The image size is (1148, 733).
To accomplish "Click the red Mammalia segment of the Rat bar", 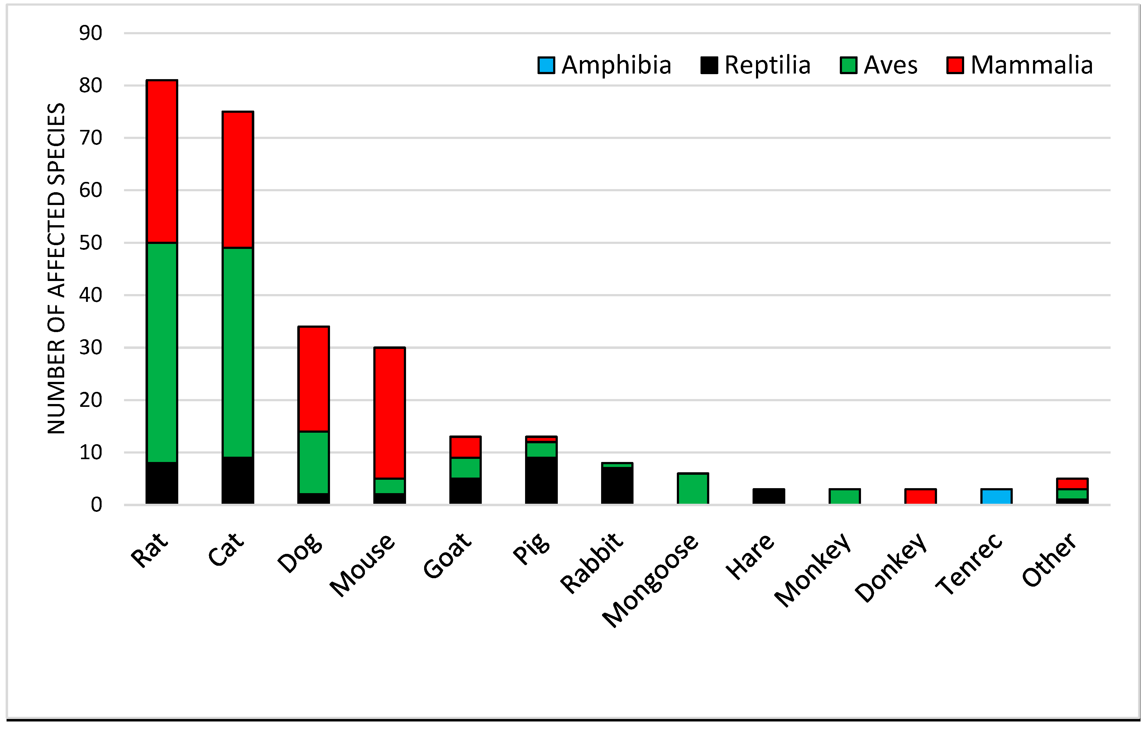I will tap(162, 162).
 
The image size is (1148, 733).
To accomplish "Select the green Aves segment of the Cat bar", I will tap(237, 352).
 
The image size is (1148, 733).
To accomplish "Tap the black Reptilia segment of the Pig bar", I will tap(541, 480).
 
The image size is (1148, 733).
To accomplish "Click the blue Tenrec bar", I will tap(996, 496).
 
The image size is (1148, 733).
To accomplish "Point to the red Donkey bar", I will tap(920, 496).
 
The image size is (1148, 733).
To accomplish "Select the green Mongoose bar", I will tap(693, 488).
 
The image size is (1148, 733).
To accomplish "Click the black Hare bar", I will tap(768, 496).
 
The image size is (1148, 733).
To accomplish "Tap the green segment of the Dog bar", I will tap(313, 462).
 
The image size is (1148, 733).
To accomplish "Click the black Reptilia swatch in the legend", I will tap(709, 65).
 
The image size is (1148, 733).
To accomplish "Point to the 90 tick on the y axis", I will tap(91, 33).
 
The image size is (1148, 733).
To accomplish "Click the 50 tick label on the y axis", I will tap(91, 243).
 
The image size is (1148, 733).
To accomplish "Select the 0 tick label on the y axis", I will tap(96, 505).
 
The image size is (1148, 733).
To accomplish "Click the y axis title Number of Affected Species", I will tap(56, 268).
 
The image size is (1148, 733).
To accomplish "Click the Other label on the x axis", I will tap(1049, 560).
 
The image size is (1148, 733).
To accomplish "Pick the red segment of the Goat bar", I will tap(465, 447).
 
